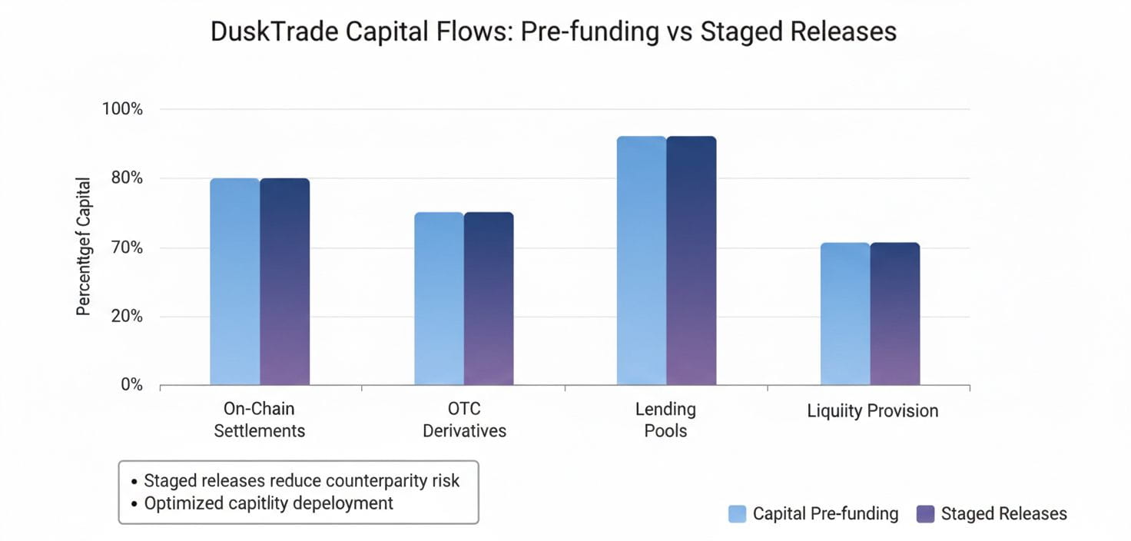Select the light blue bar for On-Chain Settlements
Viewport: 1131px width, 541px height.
(235, 281)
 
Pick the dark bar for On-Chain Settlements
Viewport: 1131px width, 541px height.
(285, 281)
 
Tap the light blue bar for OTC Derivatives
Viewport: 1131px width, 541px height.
(439, 298)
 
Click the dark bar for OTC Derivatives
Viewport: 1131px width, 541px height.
(489, 298)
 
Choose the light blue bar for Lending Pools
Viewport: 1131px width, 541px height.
(642, 261)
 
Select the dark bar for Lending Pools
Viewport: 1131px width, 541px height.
(692, 261)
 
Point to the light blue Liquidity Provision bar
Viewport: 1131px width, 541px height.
(845, 314)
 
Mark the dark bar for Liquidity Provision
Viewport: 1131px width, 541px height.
(895, 314)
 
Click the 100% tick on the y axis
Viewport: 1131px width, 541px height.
(123, 109)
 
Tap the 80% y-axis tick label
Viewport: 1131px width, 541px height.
(125, 178)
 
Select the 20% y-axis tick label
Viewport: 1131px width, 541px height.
(125, 316)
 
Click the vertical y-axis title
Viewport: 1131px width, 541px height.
(84, 247)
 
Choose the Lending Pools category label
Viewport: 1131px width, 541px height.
(666, 420)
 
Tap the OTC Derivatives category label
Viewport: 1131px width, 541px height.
(464, 420)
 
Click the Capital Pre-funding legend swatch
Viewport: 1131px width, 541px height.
(737, 514)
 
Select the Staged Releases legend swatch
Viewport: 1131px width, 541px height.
(926, 514)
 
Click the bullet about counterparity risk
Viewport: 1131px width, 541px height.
(301, 481)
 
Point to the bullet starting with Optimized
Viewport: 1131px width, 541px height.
(268, 503)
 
